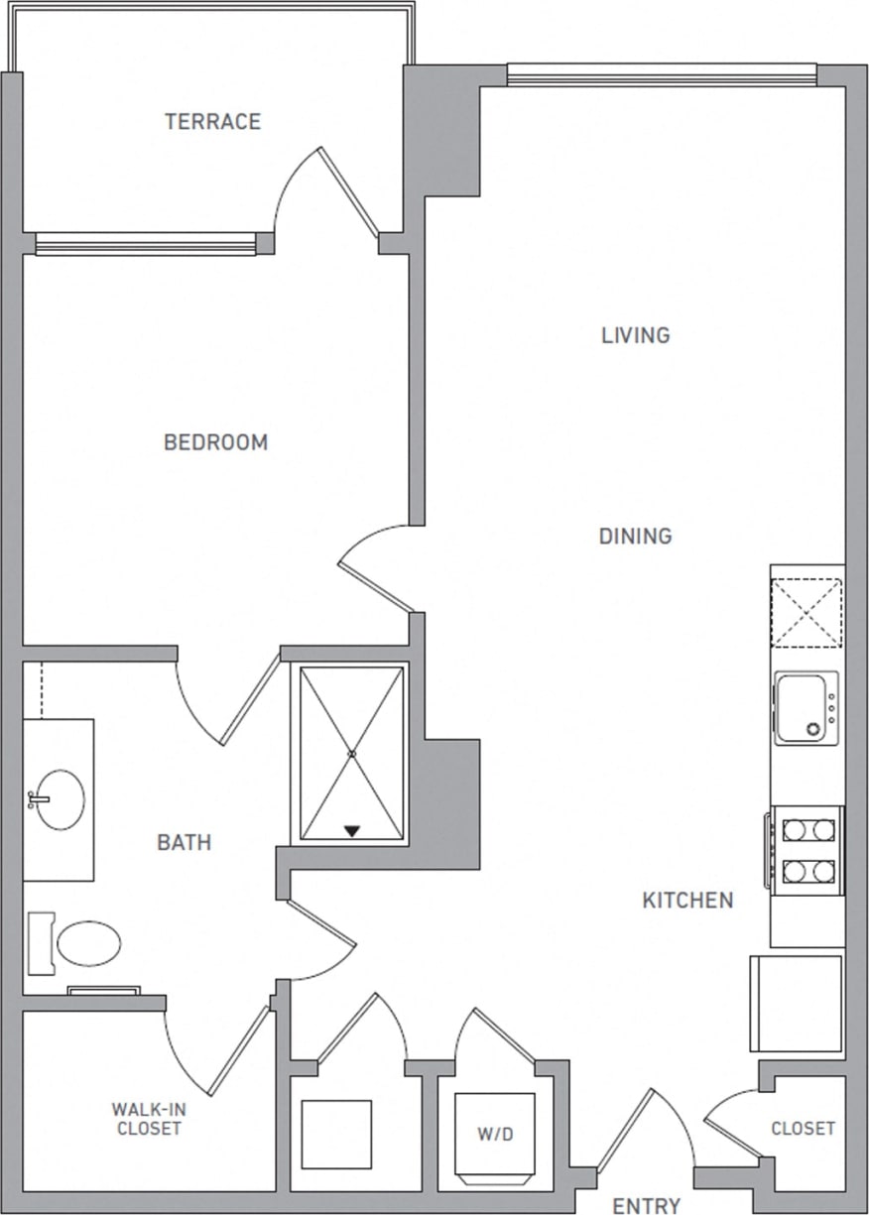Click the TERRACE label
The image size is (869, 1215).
pyautogui.click(x=212, y=122)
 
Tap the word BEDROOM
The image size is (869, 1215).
pyautogui.click(x=215, y=442)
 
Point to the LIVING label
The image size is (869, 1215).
pyautogui.click(x=635, y=335)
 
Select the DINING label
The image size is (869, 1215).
pyautogui.click(x=635, y=537)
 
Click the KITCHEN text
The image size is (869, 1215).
pyautogui.click(x=687, y=901)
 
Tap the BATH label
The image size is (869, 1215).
pyautogui.click(x=185, y=843)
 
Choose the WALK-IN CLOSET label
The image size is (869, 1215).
pyautogui.click(x=146, y=1118)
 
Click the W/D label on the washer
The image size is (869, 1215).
pyautogui.click(x=494, y=1134)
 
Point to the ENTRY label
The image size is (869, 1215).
pyautogui.click(x=646, y=1205)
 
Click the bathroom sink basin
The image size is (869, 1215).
pyautogui.click(x=60, y=799)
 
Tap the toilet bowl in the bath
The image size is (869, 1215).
pyautogui.click(x=87, y=943)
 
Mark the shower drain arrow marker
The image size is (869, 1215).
pyautogui.click(x=351, y=830)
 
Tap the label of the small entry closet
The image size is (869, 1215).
pyautogui.click(x=803, y=1129)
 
